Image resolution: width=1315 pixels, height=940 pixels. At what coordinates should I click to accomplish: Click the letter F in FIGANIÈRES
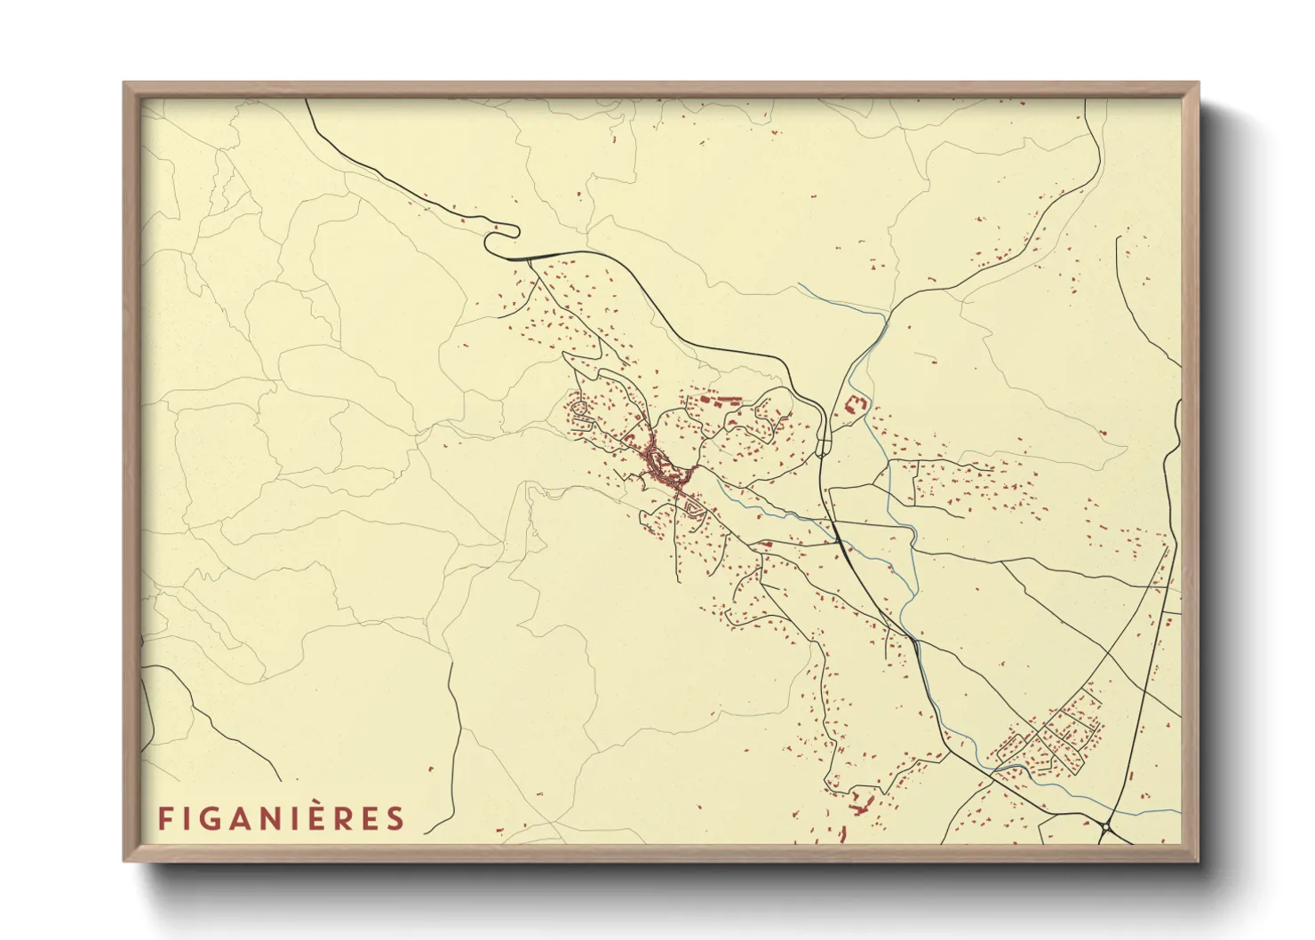point(164,818)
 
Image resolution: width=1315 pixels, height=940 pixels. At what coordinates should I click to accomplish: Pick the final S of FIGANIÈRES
point(395,818)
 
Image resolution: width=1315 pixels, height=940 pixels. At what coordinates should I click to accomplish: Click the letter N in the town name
point(275,818)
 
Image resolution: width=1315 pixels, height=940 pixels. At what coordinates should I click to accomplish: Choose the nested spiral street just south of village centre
point(693,508)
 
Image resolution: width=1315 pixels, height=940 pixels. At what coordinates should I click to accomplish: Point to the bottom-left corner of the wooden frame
point(125,860)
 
